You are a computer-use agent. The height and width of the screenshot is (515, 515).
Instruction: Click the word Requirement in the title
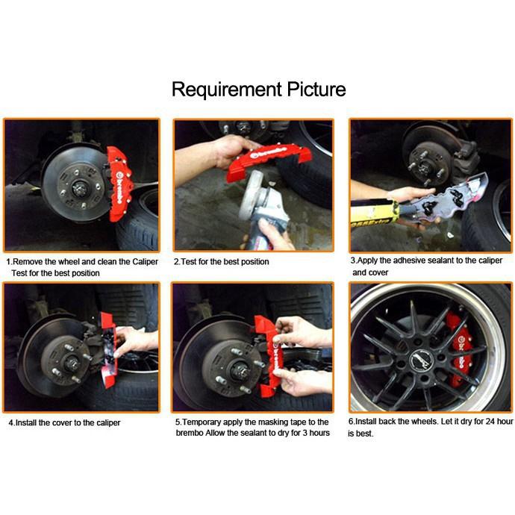coord(227,90)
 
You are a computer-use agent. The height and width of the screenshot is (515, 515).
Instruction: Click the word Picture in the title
coord(316,89)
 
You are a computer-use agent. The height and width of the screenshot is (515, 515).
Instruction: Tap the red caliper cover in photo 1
coord(119,184)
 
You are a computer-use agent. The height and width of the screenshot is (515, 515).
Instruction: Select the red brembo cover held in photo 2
coord(268,161)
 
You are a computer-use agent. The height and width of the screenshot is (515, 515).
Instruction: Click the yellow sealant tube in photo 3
coord(374,213)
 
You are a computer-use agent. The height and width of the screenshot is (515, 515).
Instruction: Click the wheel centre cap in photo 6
coord(422,360)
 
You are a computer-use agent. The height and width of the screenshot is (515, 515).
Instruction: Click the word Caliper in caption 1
coord(146,262)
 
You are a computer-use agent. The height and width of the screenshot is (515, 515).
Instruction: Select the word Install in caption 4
coord(26,422)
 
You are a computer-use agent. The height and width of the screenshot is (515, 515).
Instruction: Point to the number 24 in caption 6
coord(490,422)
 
